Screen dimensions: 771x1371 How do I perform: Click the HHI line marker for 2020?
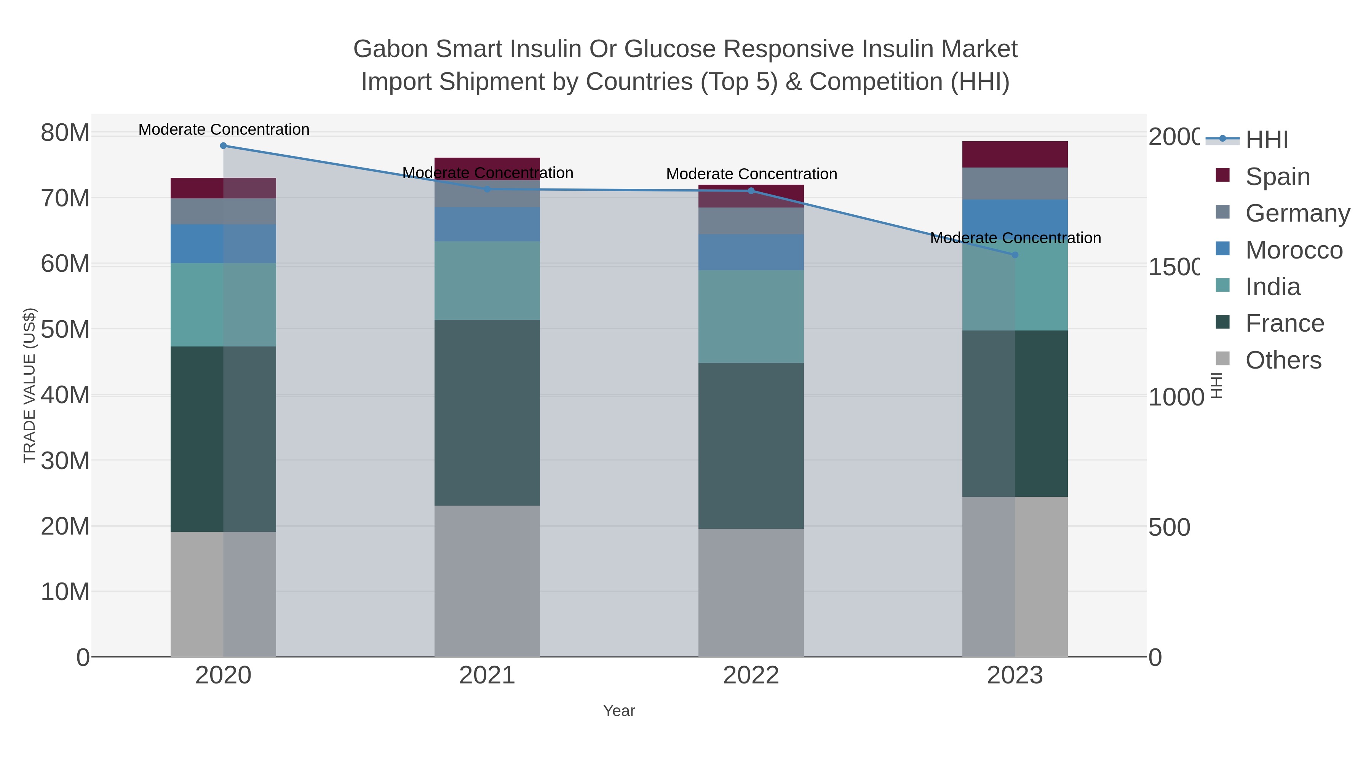click(223, 146)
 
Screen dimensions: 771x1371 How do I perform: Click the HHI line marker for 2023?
click(1015, 255)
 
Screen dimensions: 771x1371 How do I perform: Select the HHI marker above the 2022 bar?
click(751, 190)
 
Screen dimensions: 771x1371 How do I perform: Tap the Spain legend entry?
click(1277, 177)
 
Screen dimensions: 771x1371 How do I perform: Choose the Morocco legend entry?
click(1293, 250)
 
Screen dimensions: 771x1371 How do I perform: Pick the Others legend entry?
click(1283, 360)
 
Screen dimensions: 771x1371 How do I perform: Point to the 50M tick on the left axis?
click(65, 329)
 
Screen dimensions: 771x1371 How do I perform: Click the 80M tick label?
click(65, 132)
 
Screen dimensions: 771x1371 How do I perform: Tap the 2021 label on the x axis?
click(487, 675)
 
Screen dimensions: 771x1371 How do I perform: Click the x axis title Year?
click(619, 711)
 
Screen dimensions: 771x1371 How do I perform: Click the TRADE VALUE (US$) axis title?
click(30, 385)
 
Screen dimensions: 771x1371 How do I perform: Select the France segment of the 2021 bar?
click(487, 412)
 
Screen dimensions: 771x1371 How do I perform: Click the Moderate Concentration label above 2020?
click(224, 129)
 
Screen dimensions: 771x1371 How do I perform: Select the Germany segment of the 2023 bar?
click(1015, 184)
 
